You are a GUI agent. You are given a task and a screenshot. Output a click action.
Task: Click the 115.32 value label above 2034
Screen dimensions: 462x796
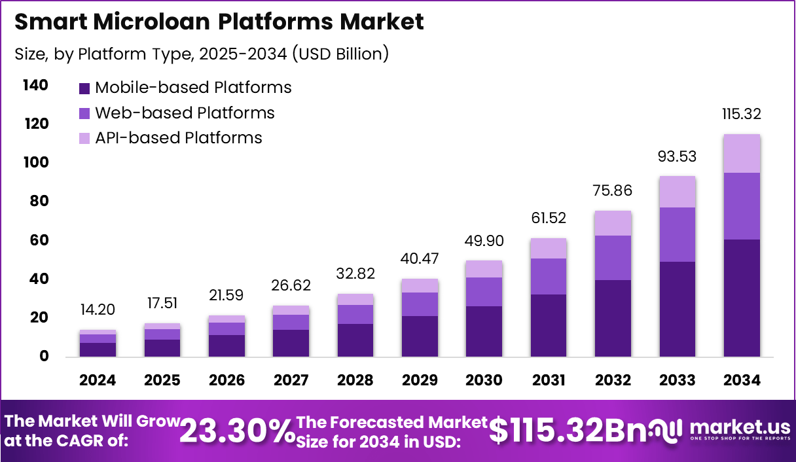point(742,114)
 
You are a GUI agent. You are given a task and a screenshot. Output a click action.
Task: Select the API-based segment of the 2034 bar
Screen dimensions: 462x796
point(742,154)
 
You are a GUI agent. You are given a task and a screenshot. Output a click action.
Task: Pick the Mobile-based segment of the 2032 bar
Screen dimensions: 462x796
point(613,318)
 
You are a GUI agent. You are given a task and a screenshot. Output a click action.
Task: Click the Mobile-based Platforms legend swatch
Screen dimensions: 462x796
point(84,88)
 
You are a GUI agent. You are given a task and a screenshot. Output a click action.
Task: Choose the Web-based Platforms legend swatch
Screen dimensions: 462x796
point(84,113)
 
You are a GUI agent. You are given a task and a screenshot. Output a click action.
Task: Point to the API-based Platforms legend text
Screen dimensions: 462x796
point(178,138)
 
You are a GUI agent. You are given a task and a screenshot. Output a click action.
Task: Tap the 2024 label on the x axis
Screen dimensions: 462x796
point(98,381)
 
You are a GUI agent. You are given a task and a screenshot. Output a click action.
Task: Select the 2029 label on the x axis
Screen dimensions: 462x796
point(420,381)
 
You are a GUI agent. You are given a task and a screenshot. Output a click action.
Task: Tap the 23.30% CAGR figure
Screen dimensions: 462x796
point(237,431)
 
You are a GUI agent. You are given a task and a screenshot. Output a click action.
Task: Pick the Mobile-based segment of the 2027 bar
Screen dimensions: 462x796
point(291,343)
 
